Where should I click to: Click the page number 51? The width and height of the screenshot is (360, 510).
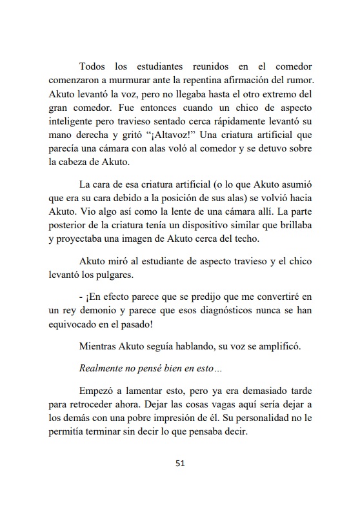[x=180, y=462]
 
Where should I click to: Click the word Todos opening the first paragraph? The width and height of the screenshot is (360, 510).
[x=94, y=66]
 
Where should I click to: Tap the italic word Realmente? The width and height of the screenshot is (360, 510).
[x=103, y=371]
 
